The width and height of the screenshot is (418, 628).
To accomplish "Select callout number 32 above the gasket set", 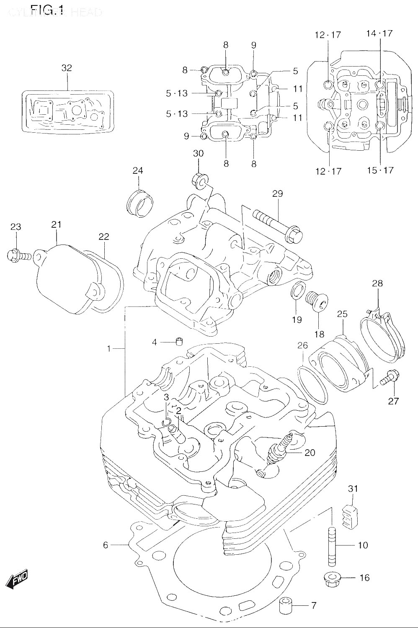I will pyautogui.click(x=67, y=68).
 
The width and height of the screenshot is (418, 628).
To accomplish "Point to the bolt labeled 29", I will pyautogui.click(x=276, y=226).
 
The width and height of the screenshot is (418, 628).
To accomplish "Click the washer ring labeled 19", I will pyautogui.click(x=296, y=291).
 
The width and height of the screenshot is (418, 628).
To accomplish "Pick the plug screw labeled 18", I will pyautogui.click(x=315, y=301).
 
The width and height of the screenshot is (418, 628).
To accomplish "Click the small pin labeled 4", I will pyautogui.click(x=178, y=342).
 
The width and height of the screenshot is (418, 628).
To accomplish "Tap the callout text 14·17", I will pyautogui.click(x=379, y=33).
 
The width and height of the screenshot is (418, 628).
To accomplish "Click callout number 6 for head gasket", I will pyautogui.click(x=106, y=545).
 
